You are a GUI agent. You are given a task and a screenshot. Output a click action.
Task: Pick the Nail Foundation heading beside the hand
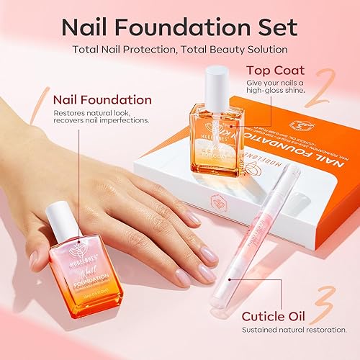[102, 100]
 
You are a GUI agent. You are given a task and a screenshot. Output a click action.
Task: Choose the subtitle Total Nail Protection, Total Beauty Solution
[179, 50]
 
